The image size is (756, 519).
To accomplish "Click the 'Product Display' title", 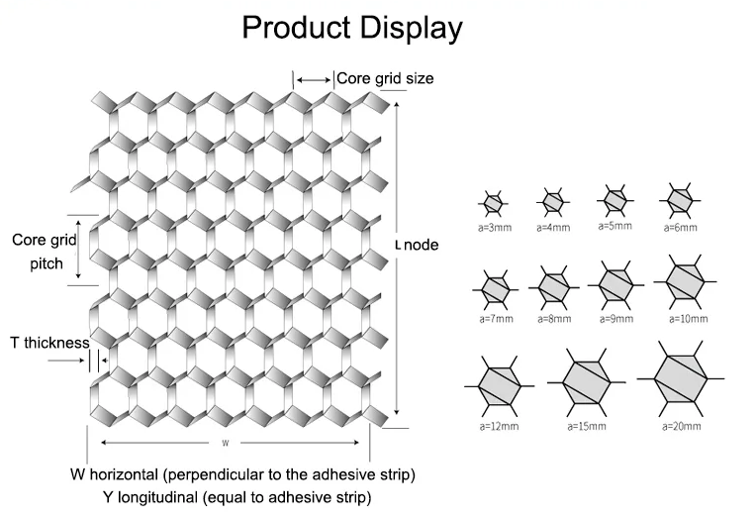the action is pos(352,28).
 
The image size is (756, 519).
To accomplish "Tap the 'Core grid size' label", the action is pos(385,78).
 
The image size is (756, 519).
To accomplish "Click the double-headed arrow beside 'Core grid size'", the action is pos(314,79).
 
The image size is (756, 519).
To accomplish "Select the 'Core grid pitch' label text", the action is pos(45,252).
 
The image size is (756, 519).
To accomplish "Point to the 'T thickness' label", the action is pos(49,343).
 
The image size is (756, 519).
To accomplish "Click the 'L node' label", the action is pos(417,245).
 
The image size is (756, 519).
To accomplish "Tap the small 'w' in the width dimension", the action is pos(226,443).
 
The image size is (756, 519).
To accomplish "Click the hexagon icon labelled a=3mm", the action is pos(493,203).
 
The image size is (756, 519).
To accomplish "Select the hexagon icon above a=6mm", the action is pos(680,200).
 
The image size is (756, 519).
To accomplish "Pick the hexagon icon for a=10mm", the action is pos(685,281).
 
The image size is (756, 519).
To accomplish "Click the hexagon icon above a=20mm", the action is pos(681,378).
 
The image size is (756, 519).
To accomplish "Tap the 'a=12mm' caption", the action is pos(499,426).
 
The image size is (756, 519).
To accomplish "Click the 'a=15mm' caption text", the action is pos(587,426).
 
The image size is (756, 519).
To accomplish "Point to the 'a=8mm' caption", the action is pos(554,319).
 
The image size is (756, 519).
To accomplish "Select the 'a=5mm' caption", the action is pos(615,226).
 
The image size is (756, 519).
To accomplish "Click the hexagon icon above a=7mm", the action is pos(496,289).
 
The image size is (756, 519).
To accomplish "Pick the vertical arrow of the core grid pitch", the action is pos(78,250).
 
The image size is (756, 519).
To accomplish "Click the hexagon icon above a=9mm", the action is pos(615,285).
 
